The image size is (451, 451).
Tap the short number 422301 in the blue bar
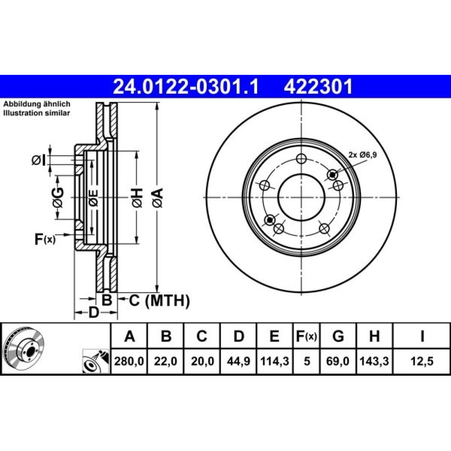(318, 87)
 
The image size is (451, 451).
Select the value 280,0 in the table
(129, 361)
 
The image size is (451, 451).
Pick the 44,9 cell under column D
(238, 361)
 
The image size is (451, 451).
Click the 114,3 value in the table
(274, 361)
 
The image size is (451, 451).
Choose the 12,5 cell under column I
(422, 361)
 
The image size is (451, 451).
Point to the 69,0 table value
(338, 361)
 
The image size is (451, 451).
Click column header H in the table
(374, 336)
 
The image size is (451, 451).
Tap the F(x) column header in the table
(307, 336)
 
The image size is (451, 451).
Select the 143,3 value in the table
(374, 361)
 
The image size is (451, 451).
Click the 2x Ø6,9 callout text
(363, 155)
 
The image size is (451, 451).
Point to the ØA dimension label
(158, 198)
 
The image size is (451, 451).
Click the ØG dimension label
(58, 198)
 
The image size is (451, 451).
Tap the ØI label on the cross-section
(38, 161)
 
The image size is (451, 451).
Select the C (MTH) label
(159, 301)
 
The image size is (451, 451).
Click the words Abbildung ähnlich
(37, 104)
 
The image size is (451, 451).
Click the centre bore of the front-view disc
(301, 198)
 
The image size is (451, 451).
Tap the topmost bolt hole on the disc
(301, 158)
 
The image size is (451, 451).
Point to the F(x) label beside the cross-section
(45, 239)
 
